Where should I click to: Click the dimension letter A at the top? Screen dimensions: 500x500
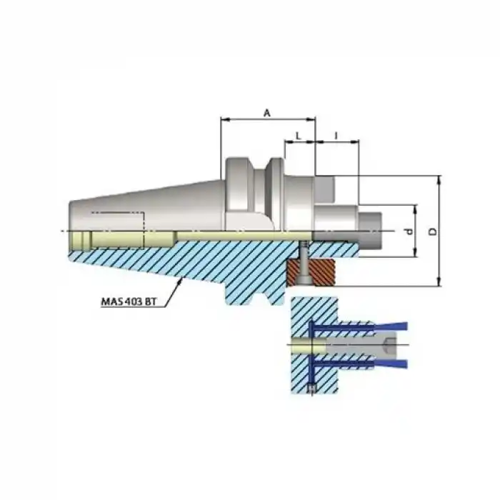[x=267, y=112]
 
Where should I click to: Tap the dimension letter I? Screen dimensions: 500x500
[x=335, y=134]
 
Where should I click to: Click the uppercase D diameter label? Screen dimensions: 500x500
[x=431, y=231]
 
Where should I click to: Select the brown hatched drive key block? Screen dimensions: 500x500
[x=313, y=272]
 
